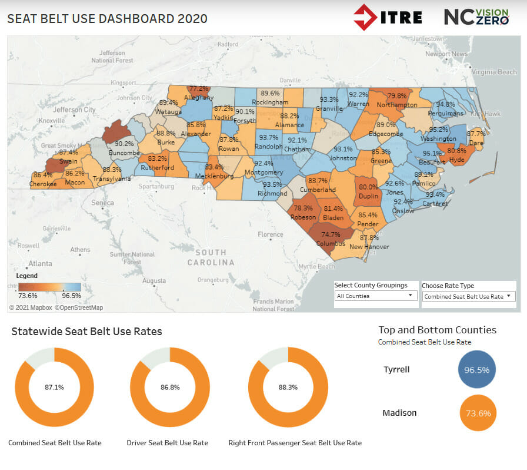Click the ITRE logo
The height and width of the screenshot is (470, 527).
388,17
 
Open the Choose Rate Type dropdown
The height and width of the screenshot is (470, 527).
469,297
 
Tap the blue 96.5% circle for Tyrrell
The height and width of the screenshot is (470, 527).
477,370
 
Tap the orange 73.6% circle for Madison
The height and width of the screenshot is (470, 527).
477,413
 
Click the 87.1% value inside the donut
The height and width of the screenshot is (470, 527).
54,387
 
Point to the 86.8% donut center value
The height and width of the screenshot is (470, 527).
170,387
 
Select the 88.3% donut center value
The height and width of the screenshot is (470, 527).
288,387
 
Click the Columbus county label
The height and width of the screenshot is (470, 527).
331,243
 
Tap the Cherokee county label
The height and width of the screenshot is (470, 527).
44,184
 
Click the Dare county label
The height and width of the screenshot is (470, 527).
476,142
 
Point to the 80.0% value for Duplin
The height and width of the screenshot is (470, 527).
369,187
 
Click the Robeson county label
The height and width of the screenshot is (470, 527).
303,217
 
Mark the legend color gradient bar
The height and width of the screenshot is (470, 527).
50,287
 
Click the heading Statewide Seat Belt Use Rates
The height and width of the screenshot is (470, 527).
86,332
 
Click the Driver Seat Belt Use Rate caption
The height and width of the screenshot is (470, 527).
168,443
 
